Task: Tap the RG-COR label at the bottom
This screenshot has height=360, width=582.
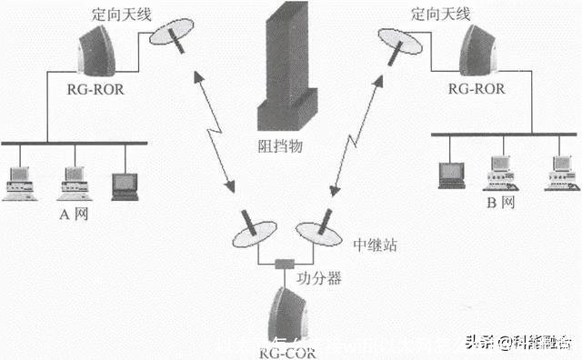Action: [x=288, y=350]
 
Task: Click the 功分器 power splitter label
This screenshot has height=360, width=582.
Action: [x=321, y=279]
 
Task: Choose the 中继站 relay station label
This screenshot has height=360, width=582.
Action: [x=373, y=245]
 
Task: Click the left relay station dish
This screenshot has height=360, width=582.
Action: [x=251, y=231]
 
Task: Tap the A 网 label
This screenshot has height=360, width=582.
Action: [x=72, y=215]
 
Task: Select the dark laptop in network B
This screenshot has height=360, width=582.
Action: [x=451, y=174]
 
